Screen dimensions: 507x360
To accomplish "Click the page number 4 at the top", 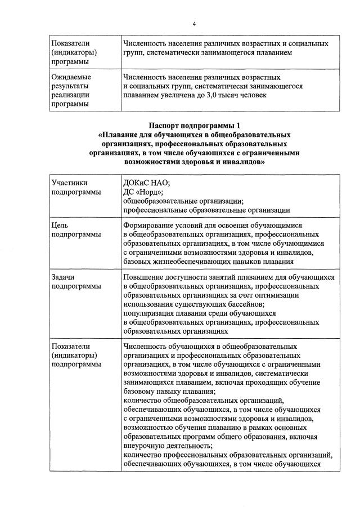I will (x=193, y=24).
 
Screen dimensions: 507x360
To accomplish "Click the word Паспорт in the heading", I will (x=166, y=126).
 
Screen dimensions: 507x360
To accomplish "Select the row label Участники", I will (x=69, y=182).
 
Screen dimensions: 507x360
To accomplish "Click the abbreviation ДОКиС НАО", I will (x=146, y=182).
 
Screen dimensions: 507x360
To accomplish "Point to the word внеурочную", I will (x=147, y=446).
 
